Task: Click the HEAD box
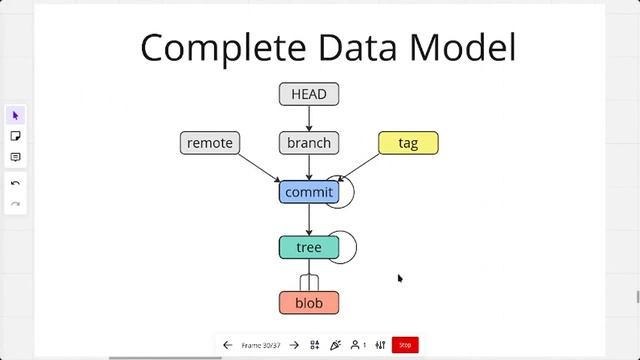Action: (x=309, y=95)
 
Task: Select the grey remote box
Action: (x=210, y=143)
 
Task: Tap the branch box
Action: (x=309, y=143)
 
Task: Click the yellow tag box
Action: (x=408, y=143)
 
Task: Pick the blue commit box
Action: (x=309, y=192)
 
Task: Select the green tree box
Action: (x=309, y=247)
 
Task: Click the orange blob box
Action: (x=309, y=302)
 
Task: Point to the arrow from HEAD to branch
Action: (x=309, y=119)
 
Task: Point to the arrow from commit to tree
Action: (x=309, y=219)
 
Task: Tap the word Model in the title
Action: (x=467, y=48)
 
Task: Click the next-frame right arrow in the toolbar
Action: (x=294, y=345)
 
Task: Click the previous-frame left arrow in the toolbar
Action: (x=227, y=345)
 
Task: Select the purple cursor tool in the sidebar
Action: (x=15, y=115)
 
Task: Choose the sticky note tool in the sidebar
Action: (x=15, y=136)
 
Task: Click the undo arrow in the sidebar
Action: (x=15, y=184)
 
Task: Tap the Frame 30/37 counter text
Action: (x=261, y=345)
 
